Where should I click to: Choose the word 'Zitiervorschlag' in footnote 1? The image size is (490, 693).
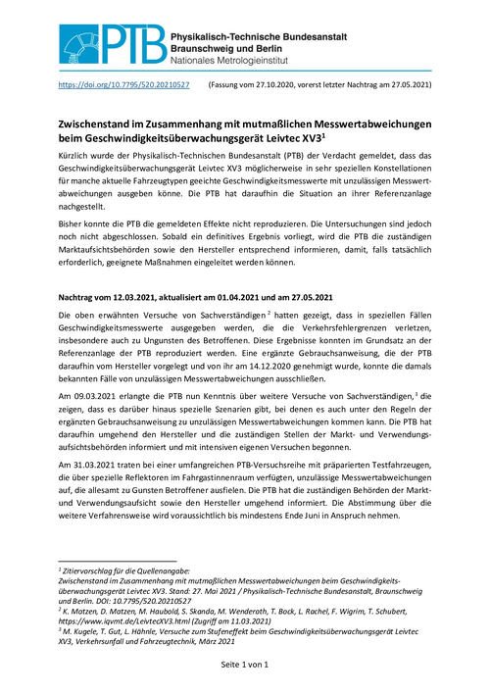pos(93,569)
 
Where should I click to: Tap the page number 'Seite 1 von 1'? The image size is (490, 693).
pos(244,666)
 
